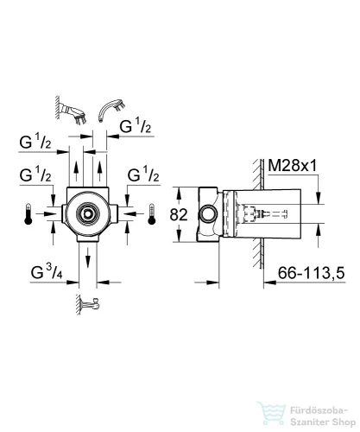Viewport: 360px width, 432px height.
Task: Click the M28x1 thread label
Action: click(292, 166)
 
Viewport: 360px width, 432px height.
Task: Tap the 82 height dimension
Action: click(179, 214)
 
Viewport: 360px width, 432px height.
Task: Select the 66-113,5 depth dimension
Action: click(311, 273)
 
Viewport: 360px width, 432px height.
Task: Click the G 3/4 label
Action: click(47, 272)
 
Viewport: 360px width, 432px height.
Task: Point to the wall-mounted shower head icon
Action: click(72, 111)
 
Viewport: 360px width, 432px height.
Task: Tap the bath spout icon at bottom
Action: click(88, 304)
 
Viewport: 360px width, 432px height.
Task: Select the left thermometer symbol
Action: click(28, 214)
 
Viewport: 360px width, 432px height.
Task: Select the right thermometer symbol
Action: click(152, 214)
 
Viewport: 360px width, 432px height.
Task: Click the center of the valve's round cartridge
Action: click(87, 213)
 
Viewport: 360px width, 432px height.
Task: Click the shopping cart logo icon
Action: click(271, 414)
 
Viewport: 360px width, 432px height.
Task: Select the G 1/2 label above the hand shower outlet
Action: click(136, 126)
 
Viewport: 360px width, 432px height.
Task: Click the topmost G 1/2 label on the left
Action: click(35, 142)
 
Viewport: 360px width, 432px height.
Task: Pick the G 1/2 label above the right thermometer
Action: click(143, 175)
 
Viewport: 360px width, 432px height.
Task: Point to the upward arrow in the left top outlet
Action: click(76, 171)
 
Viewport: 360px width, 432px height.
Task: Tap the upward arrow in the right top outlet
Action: click(99, 171)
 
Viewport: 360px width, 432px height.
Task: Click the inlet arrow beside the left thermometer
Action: click(46, 214)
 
